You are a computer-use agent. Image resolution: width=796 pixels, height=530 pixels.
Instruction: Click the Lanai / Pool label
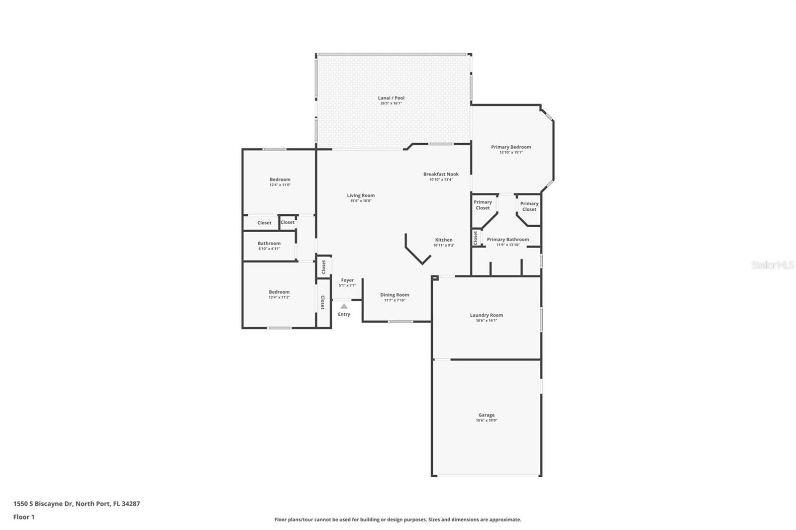[391, 98]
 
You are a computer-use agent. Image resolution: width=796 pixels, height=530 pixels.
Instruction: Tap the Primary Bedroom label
[511, 147]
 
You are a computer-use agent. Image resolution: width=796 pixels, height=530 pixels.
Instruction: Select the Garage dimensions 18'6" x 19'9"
[486, 421]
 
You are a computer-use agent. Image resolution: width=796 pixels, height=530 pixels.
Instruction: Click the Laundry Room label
[486, 315]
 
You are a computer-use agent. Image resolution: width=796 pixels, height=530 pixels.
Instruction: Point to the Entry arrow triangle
[344, 306]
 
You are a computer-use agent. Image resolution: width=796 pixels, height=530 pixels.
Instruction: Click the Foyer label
[347, 280]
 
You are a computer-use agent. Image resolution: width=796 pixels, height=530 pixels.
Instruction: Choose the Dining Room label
[395, 295]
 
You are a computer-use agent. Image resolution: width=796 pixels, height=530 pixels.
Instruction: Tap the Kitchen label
[444, 240]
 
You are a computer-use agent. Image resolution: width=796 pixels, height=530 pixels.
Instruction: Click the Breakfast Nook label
[441, 174]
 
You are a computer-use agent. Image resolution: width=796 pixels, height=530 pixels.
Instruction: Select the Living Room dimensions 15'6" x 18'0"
[361, 201]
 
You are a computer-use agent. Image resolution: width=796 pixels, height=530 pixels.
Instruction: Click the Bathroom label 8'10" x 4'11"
[269, 244]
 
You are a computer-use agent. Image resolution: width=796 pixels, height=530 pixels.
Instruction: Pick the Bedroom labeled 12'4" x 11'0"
[280, 179]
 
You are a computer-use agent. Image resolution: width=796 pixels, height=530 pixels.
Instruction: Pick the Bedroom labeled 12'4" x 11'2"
[279, 292]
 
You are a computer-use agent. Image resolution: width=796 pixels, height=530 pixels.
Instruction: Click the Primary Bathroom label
[507, 240]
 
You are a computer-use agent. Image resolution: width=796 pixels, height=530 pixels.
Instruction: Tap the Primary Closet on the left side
[483, 205]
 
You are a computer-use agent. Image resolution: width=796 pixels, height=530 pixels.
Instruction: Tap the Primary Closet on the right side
[529, 206]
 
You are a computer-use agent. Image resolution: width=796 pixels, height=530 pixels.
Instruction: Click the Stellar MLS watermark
[772, 265]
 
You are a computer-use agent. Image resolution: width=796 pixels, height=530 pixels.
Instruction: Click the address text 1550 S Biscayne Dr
[43, 504]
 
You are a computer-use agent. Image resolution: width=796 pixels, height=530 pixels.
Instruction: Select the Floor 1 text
[24, 517]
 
